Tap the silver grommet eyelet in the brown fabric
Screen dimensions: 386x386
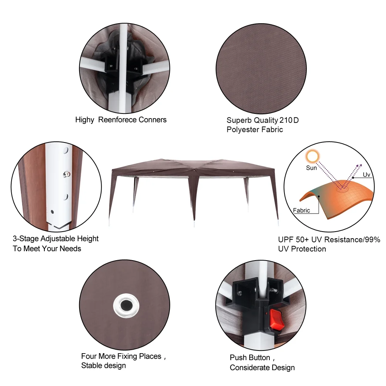click(126, 306)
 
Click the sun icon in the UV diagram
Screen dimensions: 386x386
click(312, 156)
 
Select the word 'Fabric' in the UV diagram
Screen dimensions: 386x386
click(301, 210)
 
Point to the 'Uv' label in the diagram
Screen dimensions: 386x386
click(366, 174)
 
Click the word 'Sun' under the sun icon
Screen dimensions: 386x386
click(311, 168)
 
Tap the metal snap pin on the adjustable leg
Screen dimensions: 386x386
click(66, 174)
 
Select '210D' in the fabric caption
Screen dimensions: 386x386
click(289, 120)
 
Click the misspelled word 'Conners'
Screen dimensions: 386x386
click(152, 120)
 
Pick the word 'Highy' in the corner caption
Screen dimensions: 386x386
click(85, 120)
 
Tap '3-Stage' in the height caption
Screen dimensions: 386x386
click(25, 239)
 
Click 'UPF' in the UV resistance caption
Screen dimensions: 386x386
click(286, 240)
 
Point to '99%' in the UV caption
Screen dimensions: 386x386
click(373, 240)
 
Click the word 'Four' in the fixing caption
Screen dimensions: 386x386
click(89, 356)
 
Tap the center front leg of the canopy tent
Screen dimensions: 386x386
click(194, 197)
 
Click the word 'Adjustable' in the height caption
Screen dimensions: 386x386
click(58, 239)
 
